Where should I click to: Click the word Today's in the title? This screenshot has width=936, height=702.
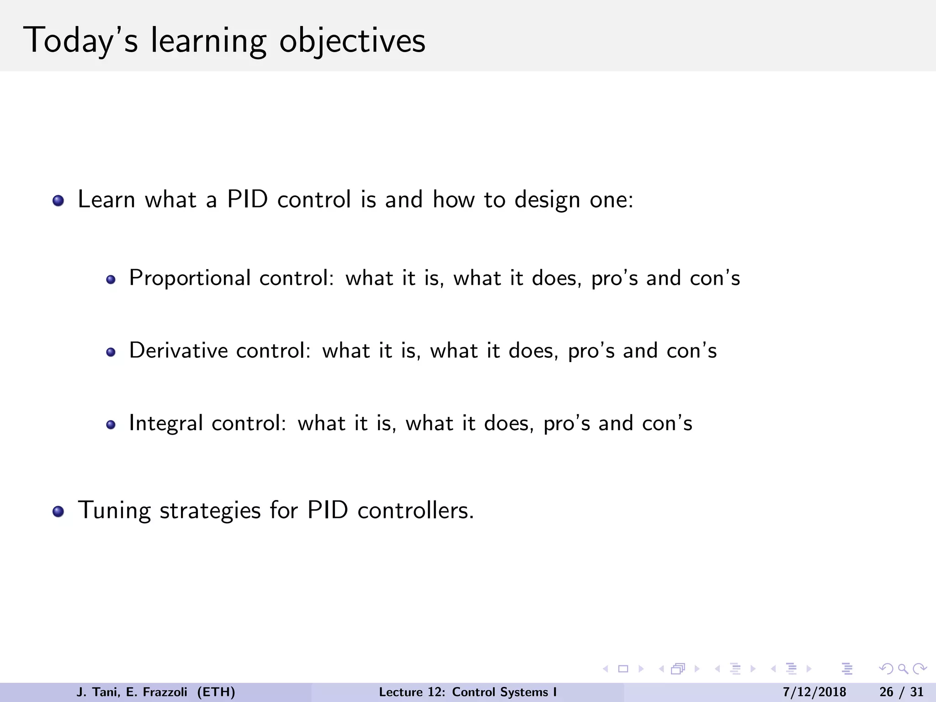pos(80,41)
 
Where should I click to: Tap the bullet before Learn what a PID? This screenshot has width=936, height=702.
pos(58,201)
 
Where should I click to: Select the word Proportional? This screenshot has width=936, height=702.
pos(190,278)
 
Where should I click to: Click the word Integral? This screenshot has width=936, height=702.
pos(166,423)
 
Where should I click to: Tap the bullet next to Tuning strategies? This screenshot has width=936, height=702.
pos(58,511)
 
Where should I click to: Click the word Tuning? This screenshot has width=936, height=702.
pos(114,511)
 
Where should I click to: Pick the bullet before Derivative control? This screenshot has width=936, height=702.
pos(111,352)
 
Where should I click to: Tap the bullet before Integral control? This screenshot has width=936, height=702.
pos(111,425)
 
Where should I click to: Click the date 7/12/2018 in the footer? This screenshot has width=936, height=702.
pos(814,692)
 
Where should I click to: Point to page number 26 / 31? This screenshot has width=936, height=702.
pos(901,692)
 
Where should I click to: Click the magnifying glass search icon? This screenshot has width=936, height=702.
pos(903,669)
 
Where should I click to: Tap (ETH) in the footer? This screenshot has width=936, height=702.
pos(216,692)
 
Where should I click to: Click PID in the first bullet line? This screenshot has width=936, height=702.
pos(247,200)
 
